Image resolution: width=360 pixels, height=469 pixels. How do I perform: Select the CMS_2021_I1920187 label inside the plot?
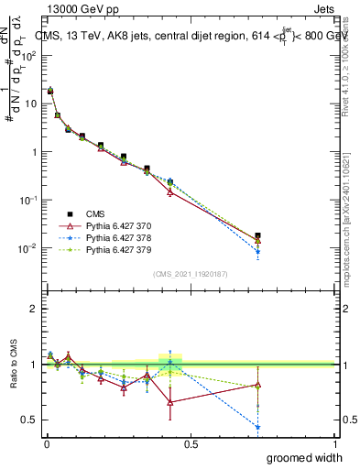(x=190, y=273)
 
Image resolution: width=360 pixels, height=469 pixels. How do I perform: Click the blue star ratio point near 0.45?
(x=257, y=427)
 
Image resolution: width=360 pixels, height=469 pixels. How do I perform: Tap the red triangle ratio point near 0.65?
(x=170, y=402)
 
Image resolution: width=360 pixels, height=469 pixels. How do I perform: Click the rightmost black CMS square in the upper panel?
(x=257, y=235)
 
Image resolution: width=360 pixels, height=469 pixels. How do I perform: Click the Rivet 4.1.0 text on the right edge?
(x=352, y=64)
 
